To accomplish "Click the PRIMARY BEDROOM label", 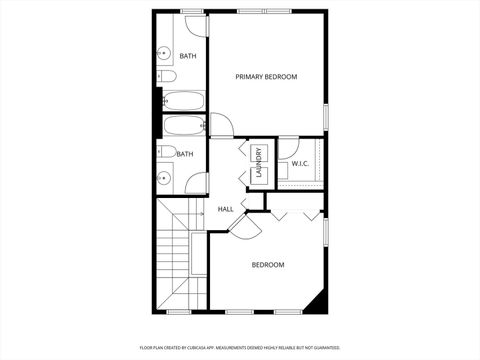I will (x=266, y=77).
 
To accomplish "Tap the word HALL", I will (x=225, y=210).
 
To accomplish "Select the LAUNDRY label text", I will (x=258, y=163).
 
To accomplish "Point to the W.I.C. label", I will (x=300, y=163).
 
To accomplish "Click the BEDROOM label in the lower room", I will (x=267, y=265).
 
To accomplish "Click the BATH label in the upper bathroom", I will (x=187, y=56).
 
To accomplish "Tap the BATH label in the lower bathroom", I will (x=185, y=154).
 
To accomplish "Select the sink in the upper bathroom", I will (x=164, y=53).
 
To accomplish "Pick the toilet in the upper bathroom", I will (x=167, y=76).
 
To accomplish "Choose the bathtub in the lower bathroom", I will (x=183, y=127).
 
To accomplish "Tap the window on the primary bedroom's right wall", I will (x=326, y=115).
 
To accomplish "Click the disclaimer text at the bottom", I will (x=240, y=347).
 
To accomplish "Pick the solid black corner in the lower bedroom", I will (x=318, y=302).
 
